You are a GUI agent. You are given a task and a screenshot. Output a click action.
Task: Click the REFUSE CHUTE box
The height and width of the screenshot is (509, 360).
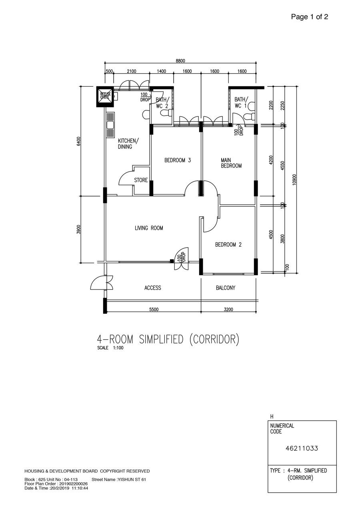click(x=105, y=97)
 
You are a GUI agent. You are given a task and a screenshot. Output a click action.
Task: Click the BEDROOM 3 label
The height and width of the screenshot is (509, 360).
click(x=178, y=160)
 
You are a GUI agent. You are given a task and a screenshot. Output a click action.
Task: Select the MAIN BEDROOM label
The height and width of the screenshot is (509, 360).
click(x=231, y=163)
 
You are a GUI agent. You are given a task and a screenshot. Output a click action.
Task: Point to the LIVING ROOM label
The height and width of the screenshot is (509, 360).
click(x=149, y=228)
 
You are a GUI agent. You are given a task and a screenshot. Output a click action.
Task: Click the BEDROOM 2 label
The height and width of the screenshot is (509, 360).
click(x=228, y=245)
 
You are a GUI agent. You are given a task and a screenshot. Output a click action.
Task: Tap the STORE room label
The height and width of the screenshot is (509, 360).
click(x=141, y=180)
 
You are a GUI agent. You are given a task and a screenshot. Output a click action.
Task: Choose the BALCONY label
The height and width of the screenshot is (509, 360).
click(x=226, y=288)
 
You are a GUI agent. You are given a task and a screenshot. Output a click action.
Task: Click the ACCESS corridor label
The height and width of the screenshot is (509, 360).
click(x=153, y=288)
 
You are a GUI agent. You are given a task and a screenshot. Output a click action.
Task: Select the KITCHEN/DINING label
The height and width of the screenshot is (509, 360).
click(x=128, y=144)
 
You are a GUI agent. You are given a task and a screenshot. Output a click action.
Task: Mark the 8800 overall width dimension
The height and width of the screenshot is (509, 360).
click(x=180, y=61)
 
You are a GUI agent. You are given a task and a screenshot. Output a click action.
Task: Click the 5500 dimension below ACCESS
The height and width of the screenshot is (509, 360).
click(x=154, y=309)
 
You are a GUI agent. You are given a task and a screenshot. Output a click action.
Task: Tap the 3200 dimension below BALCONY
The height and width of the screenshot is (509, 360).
click(x=228, y=309)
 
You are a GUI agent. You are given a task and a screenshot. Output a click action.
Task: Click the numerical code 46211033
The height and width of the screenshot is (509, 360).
click(x=302, y=448)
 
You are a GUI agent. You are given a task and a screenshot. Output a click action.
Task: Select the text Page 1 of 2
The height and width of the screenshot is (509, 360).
click(x=310, y=17)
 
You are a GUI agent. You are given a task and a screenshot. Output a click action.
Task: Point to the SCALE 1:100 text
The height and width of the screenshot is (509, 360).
click(x=110, y=348)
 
